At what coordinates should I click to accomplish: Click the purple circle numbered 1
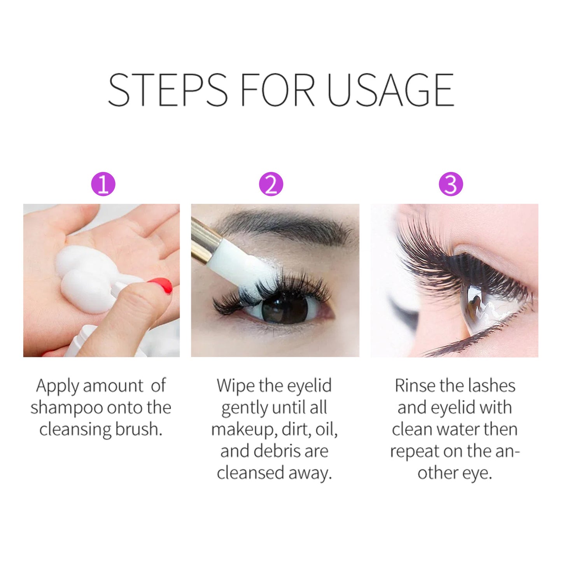(103, 184)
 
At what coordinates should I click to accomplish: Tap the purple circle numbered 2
(271, 184)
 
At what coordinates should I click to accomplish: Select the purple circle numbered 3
(451, 184)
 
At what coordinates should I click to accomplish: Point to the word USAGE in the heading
(390, 90)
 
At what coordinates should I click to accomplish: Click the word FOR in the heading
(277, 90)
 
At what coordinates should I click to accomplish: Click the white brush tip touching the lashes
(249, 264)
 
